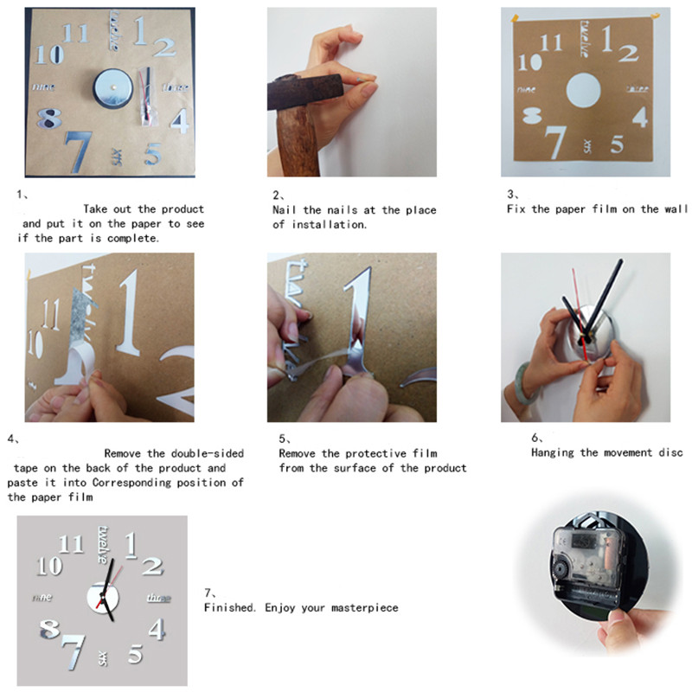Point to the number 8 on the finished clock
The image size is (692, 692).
50,629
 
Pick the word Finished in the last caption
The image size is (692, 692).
229,608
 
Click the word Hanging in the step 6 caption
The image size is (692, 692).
554,452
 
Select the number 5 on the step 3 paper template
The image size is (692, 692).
616,144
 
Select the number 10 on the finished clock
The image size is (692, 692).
49,566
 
